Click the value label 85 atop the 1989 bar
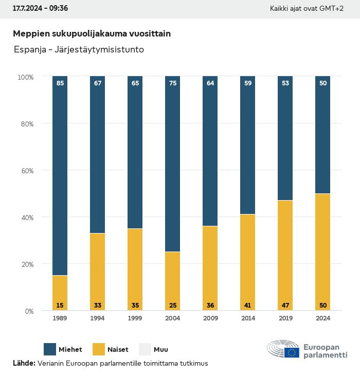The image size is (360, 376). tap(60, 83)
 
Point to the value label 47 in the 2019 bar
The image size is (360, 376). tap(285, 306)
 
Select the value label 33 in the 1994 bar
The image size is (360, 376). tap(98, 306)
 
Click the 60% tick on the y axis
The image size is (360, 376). tap(26, 170)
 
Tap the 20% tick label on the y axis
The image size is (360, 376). tap(26, 264)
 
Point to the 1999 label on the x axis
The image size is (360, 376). tap(135, 318)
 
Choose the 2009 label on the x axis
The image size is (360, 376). tap(210, 318)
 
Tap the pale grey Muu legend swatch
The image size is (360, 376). tap(146, 349)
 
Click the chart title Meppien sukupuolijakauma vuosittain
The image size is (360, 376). tap(92, 33)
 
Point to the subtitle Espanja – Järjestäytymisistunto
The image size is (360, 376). tap(79, 50)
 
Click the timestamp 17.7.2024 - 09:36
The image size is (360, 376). tap(40, 8)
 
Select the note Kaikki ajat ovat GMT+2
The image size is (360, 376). tap(307, 8)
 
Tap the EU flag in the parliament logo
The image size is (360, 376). tap(292, 352)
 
